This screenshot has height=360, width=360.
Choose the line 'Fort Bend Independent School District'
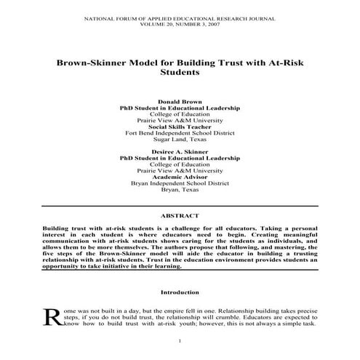click(x=180, y=134)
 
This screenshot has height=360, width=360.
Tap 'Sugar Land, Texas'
click(x=180, y=140)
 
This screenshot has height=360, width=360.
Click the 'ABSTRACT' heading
click(x=180, y=216)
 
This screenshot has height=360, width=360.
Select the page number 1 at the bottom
click(x=180, y=342)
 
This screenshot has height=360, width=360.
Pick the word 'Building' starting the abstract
click(x=59, y=228)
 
